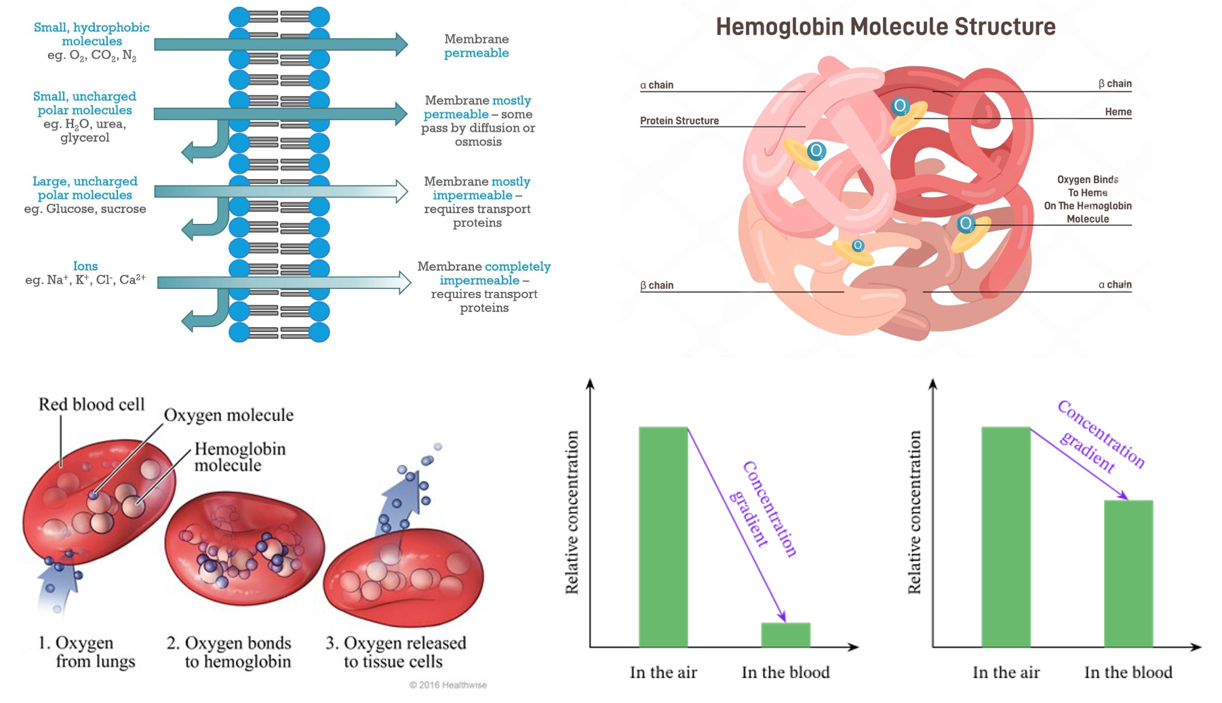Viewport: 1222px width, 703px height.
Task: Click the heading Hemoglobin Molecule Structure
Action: [x=886, y=27]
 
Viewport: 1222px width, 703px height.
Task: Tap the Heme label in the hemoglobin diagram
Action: [x=1118, y=112]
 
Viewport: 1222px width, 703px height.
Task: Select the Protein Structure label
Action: [x=679, y=121]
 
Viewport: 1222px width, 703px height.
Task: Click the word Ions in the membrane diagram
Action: [x=85, y=266]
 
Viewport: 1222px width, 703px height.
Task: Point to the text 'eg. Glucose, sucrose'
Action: [x=85, y=209]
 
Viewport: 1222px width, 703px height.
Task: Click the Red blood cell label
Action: [x=92, y=404]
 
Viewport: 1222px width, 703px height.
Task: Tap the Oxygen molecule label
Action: [x=229, y=415]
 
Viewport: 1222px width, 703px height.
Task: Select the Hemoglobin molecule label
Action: [x=239, y=457]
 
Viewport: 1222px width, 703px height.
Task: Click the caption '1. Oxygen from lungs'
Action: [x=86, y=652]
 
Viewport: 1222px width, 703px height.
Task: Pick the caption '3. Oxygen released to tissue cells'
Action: [x=396, y=652]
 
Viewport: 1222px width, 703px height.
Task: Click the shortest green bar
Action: [x=785, y=634]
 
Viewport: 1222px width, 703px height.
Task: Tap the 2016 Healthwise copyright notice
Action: [x=448, y=685]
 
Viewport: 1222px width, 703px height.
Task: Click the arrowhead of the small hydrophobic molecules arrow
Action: [x=400, y=44]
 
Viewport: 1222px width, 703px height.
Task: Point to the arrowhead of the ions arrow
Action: [x=403, y=282]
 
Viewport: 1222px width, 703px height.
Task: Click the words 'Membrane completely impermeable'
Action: [x=484, y=273]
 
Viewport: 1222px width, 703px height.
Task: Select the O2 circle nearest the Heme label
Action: [x=901, y=106]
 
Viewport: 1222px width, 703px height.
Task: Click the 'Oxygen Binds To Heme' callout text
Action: [x=1087, y=199]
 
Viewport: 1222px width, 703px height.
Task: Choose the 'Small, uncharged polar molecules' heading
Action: [x=85, y=103]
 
